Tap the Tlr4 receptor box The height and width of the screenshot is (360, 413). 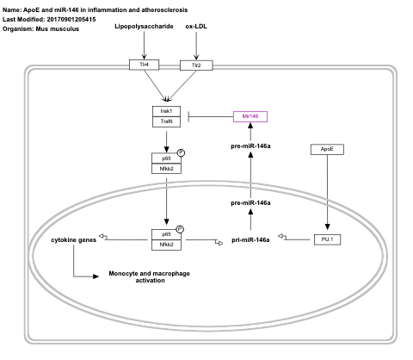(145, 65)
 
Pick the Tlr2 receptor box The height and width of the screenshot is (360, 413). (196, 65)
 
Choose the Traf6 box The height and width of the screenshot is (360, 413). (166, 122)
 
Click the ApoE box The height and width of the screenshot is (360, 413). (325, 149)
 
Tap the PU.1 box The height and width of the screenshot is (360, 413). (326, 239)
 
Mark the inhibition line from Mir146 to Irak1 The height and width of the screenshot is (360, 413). (211, 116)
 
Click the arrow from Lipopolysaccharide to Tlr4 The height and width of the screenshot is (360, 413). (145, 45)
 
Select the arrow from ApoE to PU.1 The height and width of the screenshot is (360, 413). (326, 194)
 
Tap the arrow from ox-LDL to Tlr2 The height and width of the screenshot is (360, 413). (197, 46)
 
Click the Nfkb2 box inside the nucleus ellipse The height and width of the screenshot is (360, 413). (166, 245)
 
